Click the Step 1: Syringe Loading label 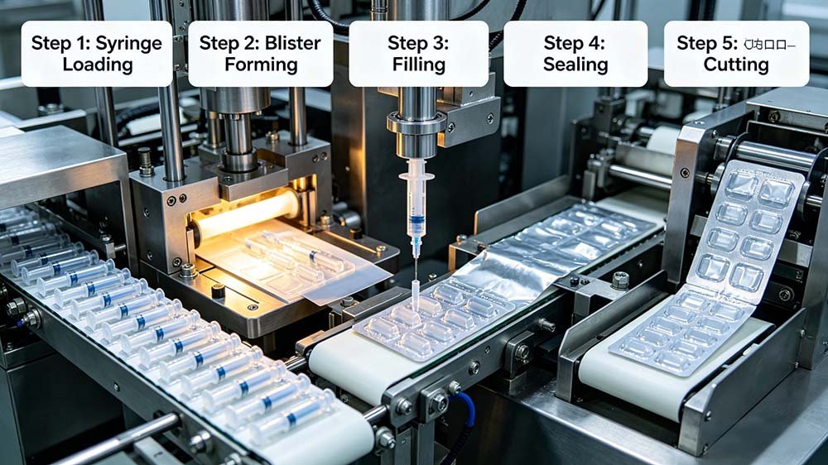coord(97,53)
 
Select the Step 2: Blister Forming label coord(260,53)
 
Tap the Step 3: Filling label coord(418,53)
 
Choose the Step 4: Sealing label coord(575,53)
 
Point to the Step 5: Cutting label coord(736,53)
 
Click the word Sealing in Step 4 coord(575,65)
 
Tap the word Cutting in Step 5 coord(736,65)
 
